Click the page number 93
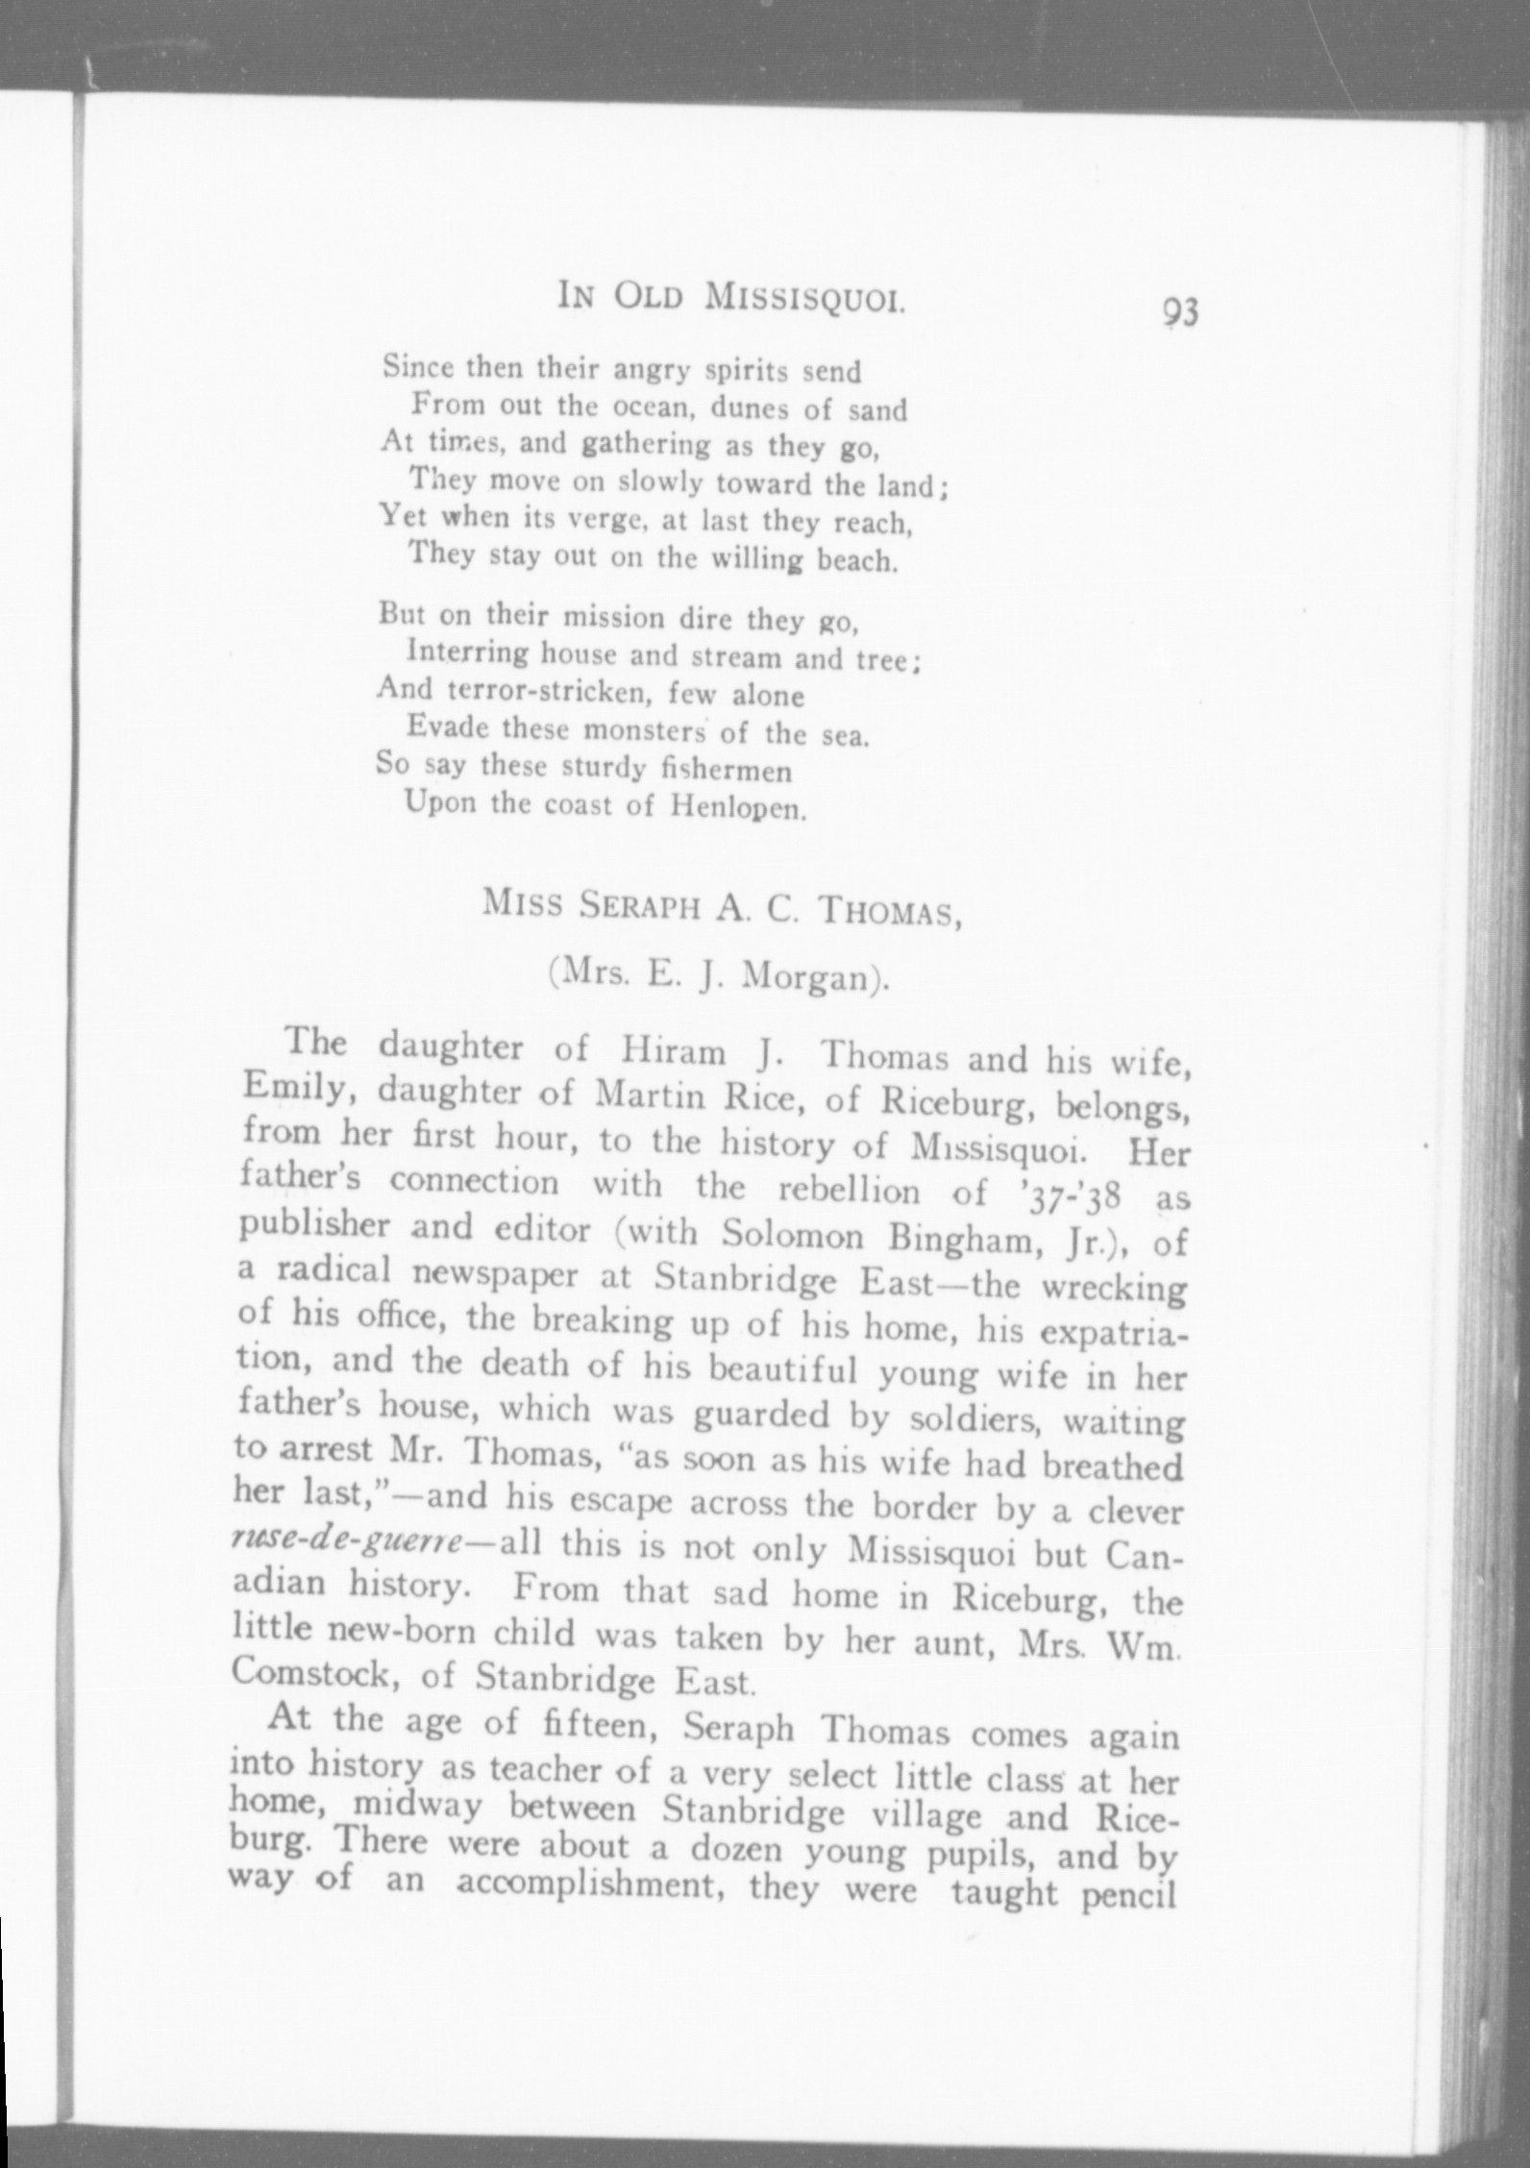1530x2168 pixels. [x=1180, y=313]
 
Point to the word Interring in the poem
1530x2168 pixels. [x=468, y=653]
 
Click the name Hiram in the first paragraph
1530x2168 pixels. [x=673, y=1051]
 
